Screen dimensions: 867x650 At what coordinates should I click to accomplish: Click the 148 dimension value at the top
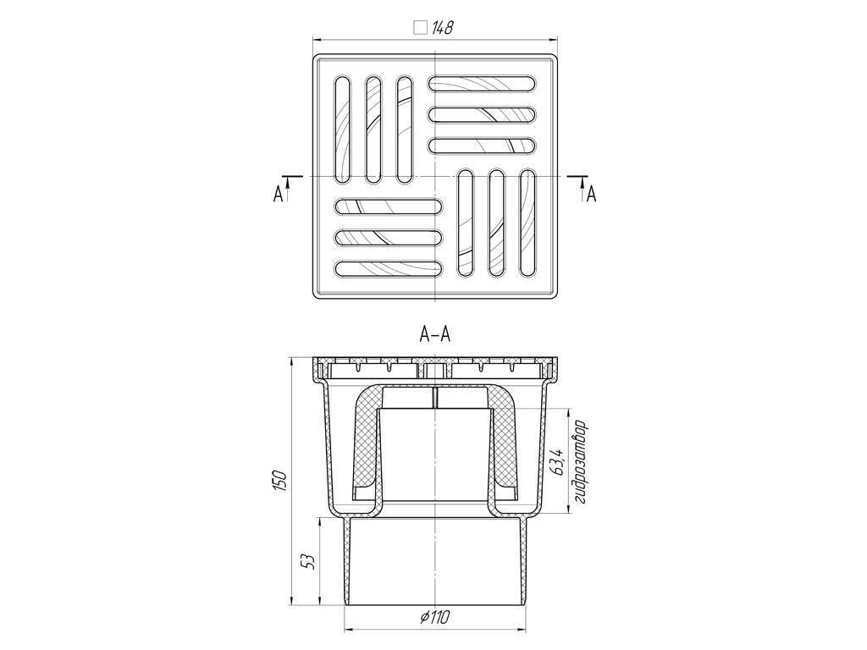pyautogui.click(x=442, y=28)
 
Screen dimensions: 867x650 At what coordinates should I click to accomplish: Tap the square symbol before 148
pyautogui.click(x=421, y=28)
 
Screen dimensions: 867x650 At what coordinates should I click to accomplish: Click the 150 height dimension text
pyautogui.click(x=281, y=481)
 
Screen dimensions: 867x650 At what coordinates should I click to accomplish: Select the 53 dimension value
pyautogui.click(x=310, y=562)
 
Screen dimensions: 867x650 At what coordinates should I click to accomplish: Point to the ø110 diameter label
pyautogui.click(x=434, y=616)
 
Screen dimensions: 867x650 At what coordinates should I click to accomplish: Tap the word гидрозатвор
pyautogui.click(x=579, y=463)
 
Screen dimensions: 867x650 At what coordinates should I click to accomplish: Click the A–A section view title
pyautogui.click(x=435, y=334)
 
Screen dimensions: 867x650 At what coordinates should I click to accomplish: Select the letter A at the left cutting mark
pyautogui.click(x=278, y=194)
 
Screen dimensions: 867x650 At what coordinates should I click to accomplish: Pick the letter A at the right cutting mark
pyautogui.click(x=591, y=194)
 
